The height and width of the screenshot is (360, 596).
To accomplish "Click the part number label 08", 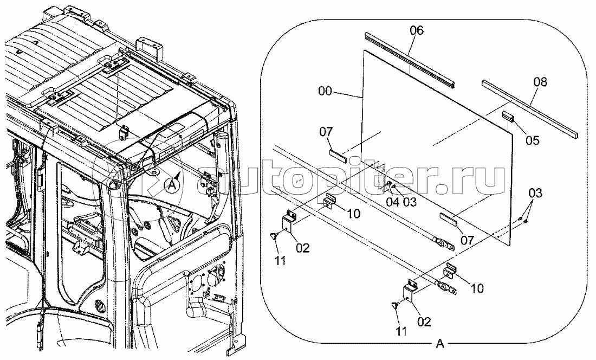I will [540, 82].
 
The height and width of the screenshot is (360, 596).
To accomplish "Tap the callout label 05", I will [533, 140].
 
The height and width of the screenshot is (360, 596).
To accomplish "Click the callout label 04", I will [392, 202].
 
